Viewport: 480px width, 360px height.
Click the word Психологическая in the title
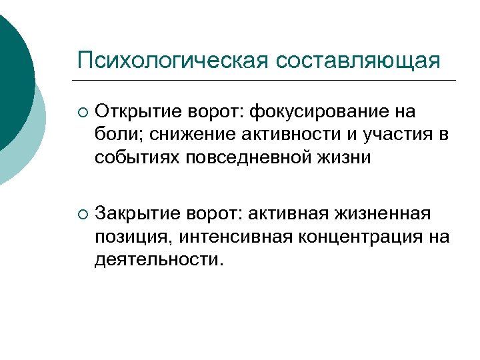(173, 61)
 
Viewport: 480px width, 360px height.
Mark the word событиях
(130, 157)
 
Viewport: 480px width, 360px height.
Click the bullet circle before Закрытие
(82, 214)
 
